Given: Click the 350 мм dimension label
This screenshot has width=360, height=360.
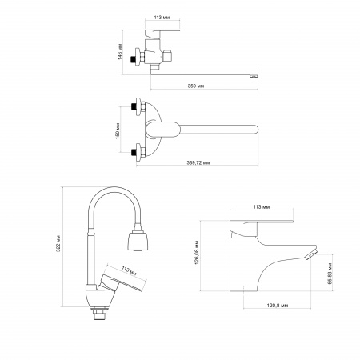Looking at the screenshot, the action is click(x=196, y=86).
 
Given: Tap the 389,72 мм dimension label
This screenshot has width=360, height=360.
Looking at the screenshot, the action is click(x=198, y=162).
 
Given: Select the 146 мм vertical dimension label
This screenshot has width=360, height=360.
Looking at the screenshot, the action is click(x=120, y=51).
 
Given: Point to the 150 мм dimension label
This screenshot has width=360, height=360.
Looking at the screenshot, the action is click(x=118, y=131).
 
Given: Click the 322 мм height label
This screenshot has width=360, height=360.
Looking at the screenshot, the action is click(x=58, y=243).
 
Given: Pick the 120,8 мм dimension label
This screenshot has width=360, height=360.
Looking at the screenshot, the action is click(x=278, y=306).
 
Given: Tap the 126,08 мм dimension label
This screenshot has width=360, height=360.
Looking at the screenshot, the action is click(x=198, y=252).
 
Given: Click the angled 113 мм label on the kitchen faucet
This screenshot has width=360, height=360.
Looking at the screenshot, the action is click(x=129, y=270).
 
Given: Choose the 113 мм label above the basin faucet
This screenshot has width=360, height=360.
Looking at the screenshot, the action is click(x=262, y=206).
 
